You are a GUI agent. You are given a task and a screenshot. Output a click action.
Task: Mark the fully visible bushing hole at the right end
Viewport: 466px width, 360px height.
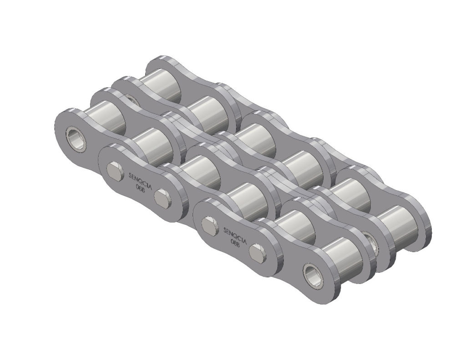point(313,275)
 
